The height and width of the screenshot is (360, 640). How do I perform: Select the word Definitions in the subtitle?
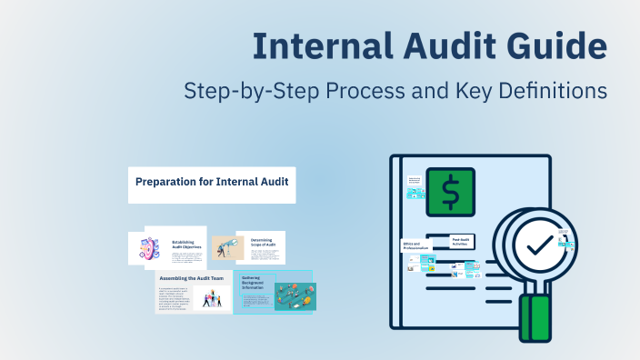550,92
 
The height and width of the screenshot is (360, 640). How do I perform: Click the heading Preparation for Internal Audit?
210,181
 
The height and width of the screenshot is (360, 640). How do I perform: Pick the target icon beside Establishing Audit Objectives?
151,249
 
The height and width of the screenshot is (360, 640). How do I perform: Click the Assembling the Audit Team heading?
193,277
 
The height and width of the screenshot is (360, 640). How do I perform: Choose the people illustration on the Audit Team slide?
211,297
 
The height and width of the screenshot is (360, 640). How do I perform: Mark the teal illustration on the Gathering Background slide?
295,295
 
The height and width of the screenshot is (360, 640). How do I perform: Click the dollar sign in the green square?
451,192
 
